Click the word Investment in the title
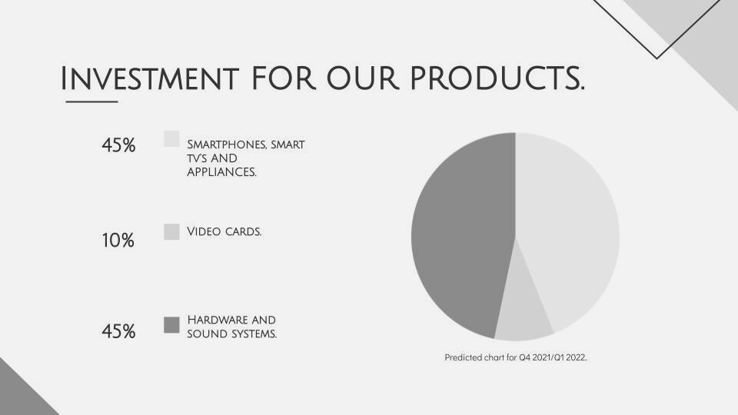click(150, 78)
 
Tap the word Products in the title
click(497, 78)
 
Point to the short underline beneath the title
click(91, 101)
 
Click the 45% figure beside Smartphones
click(118, 145)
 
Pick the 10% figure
click(118, 241)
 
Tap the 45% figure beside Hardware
click(118, 331)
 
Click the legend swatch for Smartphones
click(171, 139)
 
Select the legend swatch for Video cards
click(171, 232)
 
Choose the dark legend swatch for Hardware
click(171, 325)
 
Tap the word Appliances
click(221, 172)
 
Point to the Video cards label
click(224, 231)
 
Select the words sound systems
click(232, 334)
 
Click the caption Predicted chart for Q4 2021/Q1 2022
click(516, 357)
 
